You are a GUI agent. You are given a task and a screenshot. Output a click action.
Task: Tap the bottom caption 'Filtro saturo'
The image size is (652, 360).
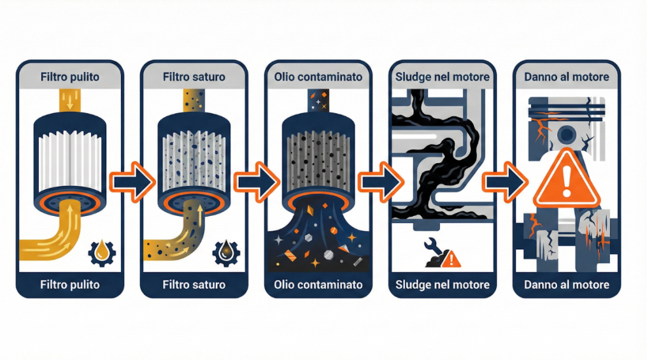194,284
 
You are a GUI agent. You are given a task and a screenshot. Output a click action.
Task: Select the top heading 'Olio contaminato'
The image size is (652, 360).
318,77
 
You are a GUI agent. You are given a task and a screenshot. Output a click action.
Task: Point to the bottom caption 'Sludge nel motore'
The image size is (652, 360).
443,284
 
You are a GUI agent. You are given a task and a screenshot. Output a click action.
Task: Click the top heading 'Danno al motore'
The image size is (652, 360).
566,77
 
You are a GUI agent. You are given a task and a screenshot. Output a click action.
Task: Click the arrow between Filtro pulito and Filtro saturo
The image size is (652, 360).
132,180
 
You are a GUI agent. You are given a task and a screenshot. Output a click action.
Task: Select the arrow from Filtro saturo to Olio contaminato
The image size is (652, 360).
257,180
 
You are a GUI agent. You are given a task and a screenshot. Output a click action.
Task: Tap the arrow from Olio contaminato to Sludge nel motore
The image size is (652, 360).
381,180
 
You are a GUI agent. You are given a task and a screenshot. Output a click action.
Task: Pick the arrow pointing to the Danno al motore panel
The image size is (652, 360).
505,180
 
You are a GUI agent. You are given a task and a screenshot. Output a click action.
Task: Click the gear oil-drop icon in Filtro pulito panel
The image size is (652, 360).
101,252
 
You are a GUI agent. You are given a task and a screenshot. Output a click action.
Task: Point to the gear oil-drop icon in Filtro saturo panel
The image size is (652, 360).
225,252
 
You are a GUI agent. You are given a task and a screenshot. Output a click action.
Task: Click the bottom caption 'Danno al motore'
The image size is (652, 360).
566,284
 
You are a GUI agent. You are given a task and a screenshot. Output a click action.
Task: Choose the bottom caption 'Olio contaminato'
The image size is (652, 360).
318,284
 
